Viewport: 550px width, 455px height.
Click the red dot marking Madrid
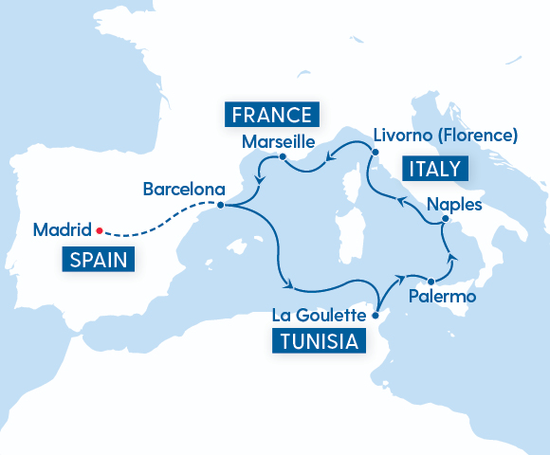click(x=99, y=228)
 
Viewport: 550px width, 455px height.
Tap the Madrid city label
click(x=61, y=229)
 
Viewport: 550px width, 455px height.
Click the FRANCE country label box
click(x=269, y=116)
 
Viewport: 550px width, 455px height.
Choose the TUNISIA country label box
click(x=319, y=341)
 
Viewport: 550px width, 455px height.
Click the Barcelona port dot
click(x=220, y=205)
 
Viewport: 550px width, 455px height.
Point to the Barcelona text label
click(x=184, y=189)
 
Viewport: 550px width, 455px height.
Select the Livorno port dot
click(x=375, y=152)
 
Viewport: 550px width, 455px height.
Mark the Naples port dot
click(x=442, y=221)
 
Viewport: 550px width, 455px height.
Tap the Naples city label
click(x=455, y=204)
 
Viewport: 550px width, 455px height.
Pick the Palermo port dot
click(x=431, y=282)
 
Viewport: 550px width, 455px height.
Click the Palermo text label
click(x=442, y=298)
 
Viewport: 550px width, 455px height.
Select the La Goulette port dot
click(x=376, y=315)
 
